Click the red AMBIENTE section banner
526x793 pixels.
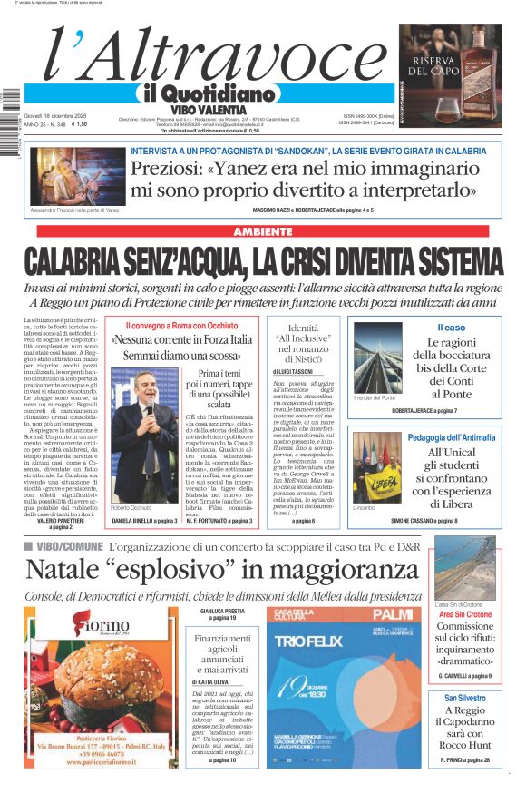(x=263, y=232)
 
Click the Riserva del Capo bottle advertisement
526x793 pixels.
(x=450, y=75)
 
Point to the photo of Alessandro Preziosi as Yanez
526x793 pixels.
(x=66, y=175)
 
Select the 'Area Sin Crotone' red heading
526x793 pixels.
(x=464, y=614)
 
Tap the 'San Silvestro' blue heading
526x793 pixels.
(x=465, y=698)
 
